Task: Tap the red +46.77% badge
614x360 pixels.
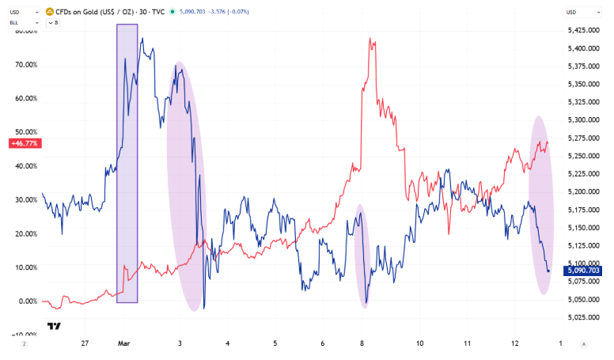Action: [x=25, y=143]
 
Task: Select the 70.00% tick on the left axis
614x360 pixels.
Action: [x=25, y=65]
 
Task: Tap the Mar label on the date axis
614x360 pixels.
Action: [x=123, y=344]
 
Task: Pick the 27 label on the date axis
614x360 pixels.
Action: [x=85, y=344]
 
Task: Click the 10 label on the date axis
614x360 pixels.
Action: [x=419, y=344]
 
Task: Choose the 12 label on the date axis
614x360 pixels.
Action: [x=514, y=344]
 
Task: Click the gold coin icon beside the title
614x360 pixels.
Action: [x=50, y=12]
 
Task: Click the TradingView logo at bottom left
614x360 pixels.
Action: [x=54, y=326]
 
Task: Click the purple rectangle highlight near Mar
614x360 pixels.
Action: [x=127, y=163]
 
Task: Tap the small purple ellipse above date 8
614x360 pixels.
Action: [x=362, y=256]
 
